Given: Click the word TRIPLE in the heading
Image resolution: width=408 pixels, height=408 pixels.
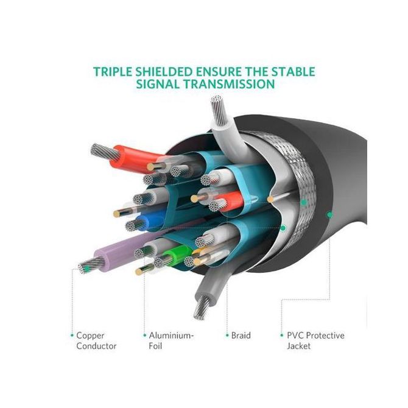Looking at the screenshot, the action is pos(113,72).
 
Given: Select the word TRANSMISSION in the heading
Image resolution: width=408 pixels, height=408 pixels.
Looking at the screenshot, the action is pos(229,84).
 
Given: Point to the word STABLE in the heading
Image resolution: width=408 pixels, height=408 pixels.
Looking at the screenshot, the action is pos(294,72).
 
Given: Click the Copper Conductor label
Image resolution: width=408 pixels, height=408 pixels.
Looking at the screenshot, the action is pos(96,340).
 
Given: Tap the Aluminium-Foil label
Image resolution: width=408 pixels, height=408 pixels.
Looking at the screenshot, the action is pos(172,340).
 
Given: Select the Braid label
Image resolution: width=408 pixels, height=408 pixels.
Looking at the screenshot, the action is pos(241,336).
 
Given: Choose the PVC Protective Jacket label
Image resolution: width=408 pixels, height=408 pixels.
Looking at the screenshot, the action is pos(315,340).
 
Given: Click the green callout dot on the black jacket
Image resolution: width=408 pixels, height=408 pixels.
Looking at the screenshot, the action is pos(330,215).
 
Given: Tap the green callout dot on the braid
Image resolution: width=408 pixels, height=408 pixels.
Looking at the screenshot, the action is pos(304,202).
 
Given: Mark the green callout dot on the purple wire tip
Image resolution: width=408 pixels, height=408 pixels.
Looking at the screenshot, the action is pos(87,269).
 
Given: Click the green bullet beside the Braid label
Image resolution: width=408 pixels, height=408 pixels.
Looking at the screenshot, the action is pos(227,336).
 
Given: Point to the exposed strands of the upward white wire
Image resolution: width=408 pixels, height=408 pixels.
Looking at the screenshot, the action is pos(219,109).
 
